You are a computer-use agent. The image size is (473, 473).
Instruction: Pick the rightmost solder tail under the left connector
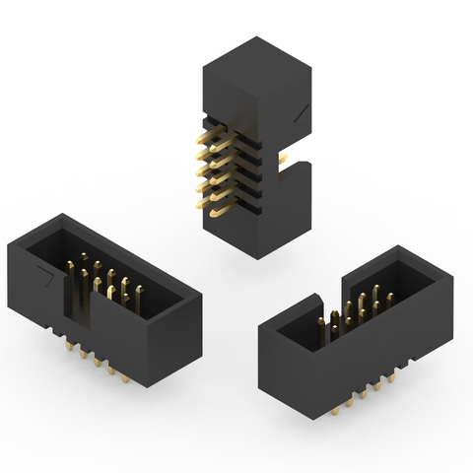point(125,377)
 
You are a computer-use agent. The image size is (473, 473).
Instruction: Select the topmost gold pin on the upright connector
point(210,124)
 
